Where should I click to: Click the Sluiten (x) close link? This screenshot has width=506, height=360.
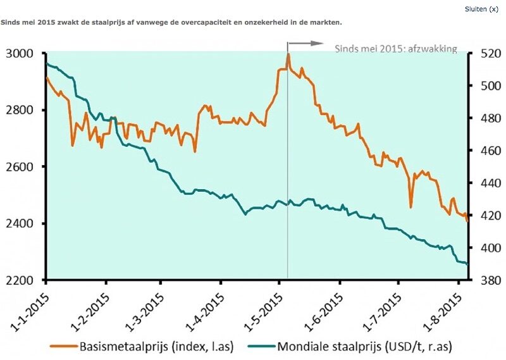(486, 9)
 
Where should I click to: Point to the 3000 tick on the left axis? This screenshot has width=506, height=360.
(22, 53)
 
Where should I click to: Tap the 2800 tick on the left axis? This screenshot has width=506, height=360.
(22, 110)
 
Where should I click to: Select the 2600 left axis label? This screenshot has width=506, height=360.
(22, 167)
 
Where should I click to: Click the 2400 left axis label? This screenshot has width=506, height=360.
(22, 224)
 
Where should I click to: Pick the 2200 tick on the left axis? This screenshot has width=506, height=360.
(22, 280)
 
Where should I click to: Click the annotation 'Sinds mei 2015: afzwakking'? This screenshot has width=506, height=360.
(395, 49)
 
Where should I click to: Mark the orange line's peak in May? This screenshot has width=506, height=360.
(288, 54)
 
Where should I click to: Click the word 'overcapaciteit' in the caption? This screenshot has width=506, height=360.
(174, 22)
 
